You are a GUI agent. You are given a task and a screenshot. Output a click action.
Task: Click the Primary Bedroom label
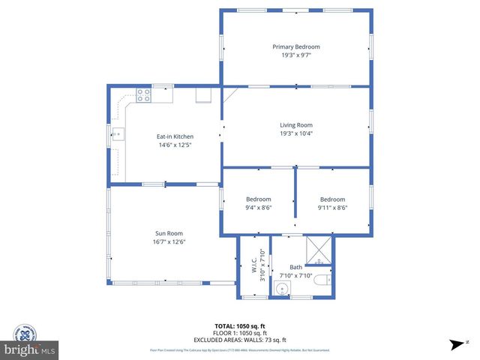coord(295,46)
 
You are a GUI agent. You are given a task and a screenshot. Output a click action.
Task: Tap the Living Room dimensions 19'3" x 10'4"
coord(295,133)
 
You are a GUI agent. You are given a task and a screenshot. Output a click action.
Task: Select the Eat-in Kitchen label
coord(175,136)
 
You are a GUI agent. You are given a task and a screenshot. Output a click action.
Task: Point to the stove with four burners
coord(143,95)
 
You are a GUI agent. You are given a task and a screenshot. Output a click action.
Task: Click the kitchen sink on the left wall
coord(118,136)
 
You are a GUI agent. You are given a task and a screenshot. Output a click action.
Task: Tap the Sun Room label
coord(169,233)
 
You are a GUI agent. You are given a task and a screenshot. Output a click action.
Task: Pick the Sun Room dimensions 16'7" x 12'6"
coord(169,241)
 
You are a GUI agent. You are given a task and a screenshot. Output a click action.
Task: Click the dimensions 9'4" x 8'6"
coord(258,208)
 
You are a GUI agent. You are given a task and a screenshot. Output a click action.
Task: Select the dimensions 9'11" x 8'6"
coord(332,208)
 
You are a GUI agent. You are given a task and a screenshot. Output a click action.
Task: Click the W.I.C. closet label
coord(254,266)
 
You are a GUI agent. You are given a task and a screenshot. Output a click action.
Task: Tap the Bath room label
coord(295,268)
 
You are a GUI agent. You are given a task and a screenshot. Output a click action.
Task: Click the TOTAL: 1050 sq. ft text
coord(240,326)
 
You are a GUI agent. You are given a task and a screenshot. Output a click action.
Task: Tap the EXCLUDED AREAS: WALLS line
coord(240,340)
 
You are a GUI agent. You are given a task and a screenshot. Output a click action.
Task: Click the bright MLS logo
coord(29,349)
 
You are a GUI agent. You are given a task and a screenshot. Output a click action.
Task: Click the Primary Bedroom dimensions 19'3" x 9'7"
coord(295,55)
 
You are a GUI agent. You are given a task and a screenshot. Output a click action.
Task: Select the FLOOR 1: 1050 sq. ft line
coord(240,333)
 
